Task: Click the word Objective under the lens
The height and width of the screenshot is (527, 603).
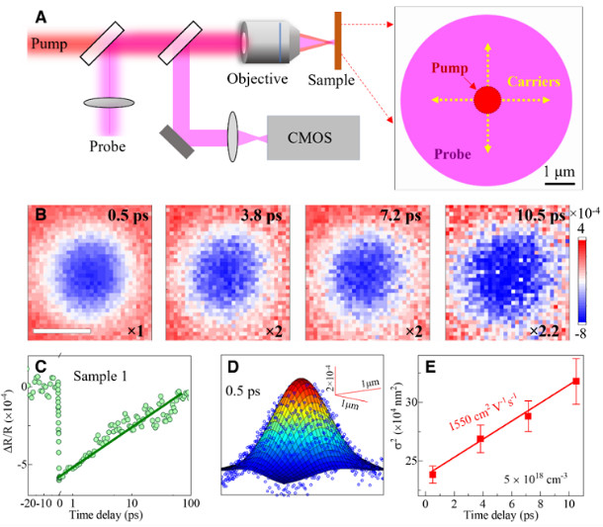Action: pos(257,79)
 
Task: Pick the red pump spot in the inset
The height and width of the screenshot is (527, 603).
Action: pos(486,100)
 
